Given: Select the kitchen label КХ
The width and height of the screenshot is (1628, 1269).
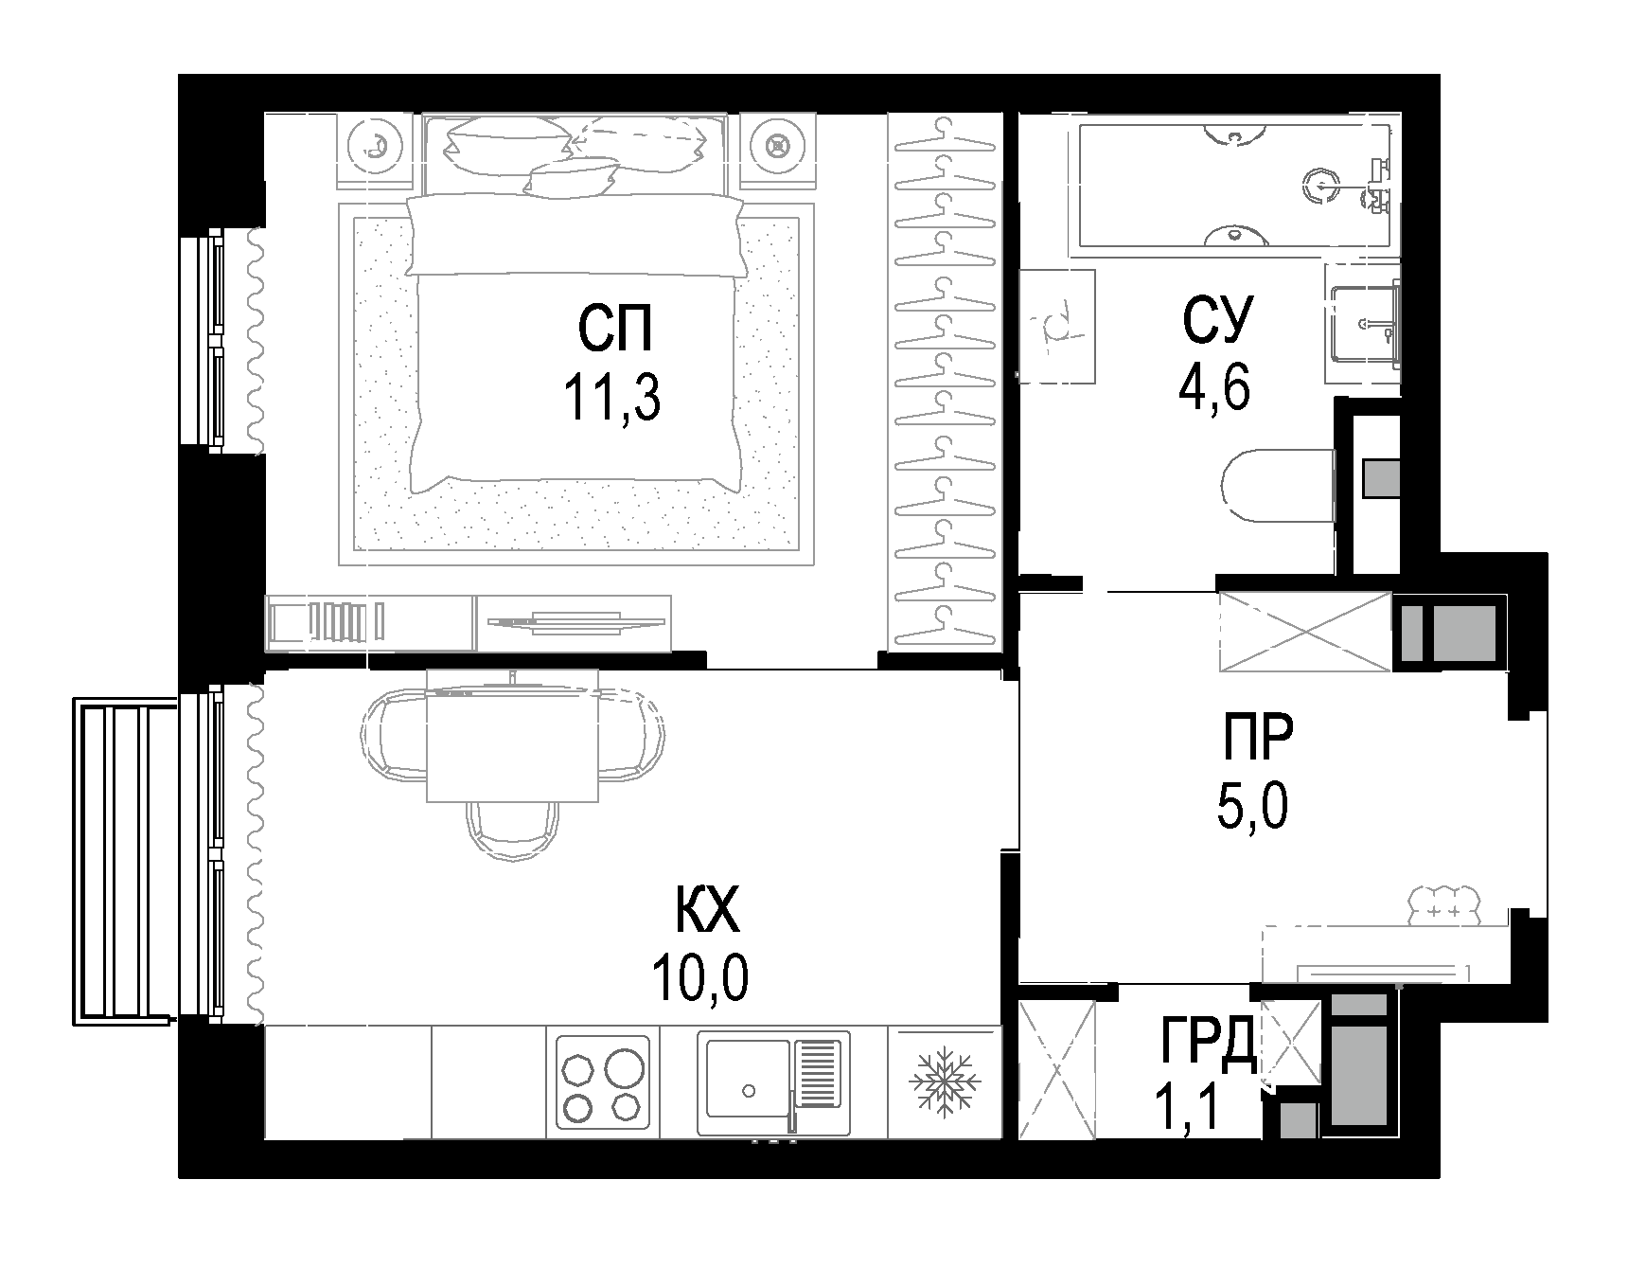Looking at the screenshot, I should pyautogui.click(x=705, y=915).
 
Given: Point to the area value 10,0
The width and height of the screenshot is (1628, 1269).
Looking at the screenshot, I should pyautogui.click(x=700, y=979).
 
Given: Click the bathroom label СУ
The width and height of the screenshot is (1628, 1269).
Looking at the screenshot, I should pyautogui.click(x=1216, y=320).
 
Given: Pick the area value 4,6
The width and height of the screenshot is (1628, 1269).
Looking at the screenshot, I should pyautogui.click(x=1214, y=385).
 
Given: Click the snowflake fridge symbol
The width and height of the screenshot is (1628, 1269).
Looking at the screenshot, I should pyautogui.click(x=944, y=1082).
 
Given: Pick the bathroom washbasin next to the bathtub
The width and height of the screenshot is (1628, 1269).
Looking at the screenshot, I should pyautogui.click(x=1363, y=324).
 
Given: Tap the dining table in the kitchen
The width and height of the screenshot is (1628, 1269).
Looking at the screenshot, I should pyautogui.click(x=512, y=736).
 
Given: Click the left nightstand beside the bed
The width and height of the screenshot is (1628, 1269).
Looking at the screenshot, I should pyautogui.click(x=376, y=146).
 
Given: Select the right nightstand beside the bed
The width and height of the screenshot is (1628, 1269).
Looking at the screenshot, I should pyautogui.click(x=777, y=146).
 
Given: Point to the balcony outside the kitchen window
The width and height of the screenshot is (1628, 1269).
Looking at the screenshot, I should pyautogui.click(x=123, y=860).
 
